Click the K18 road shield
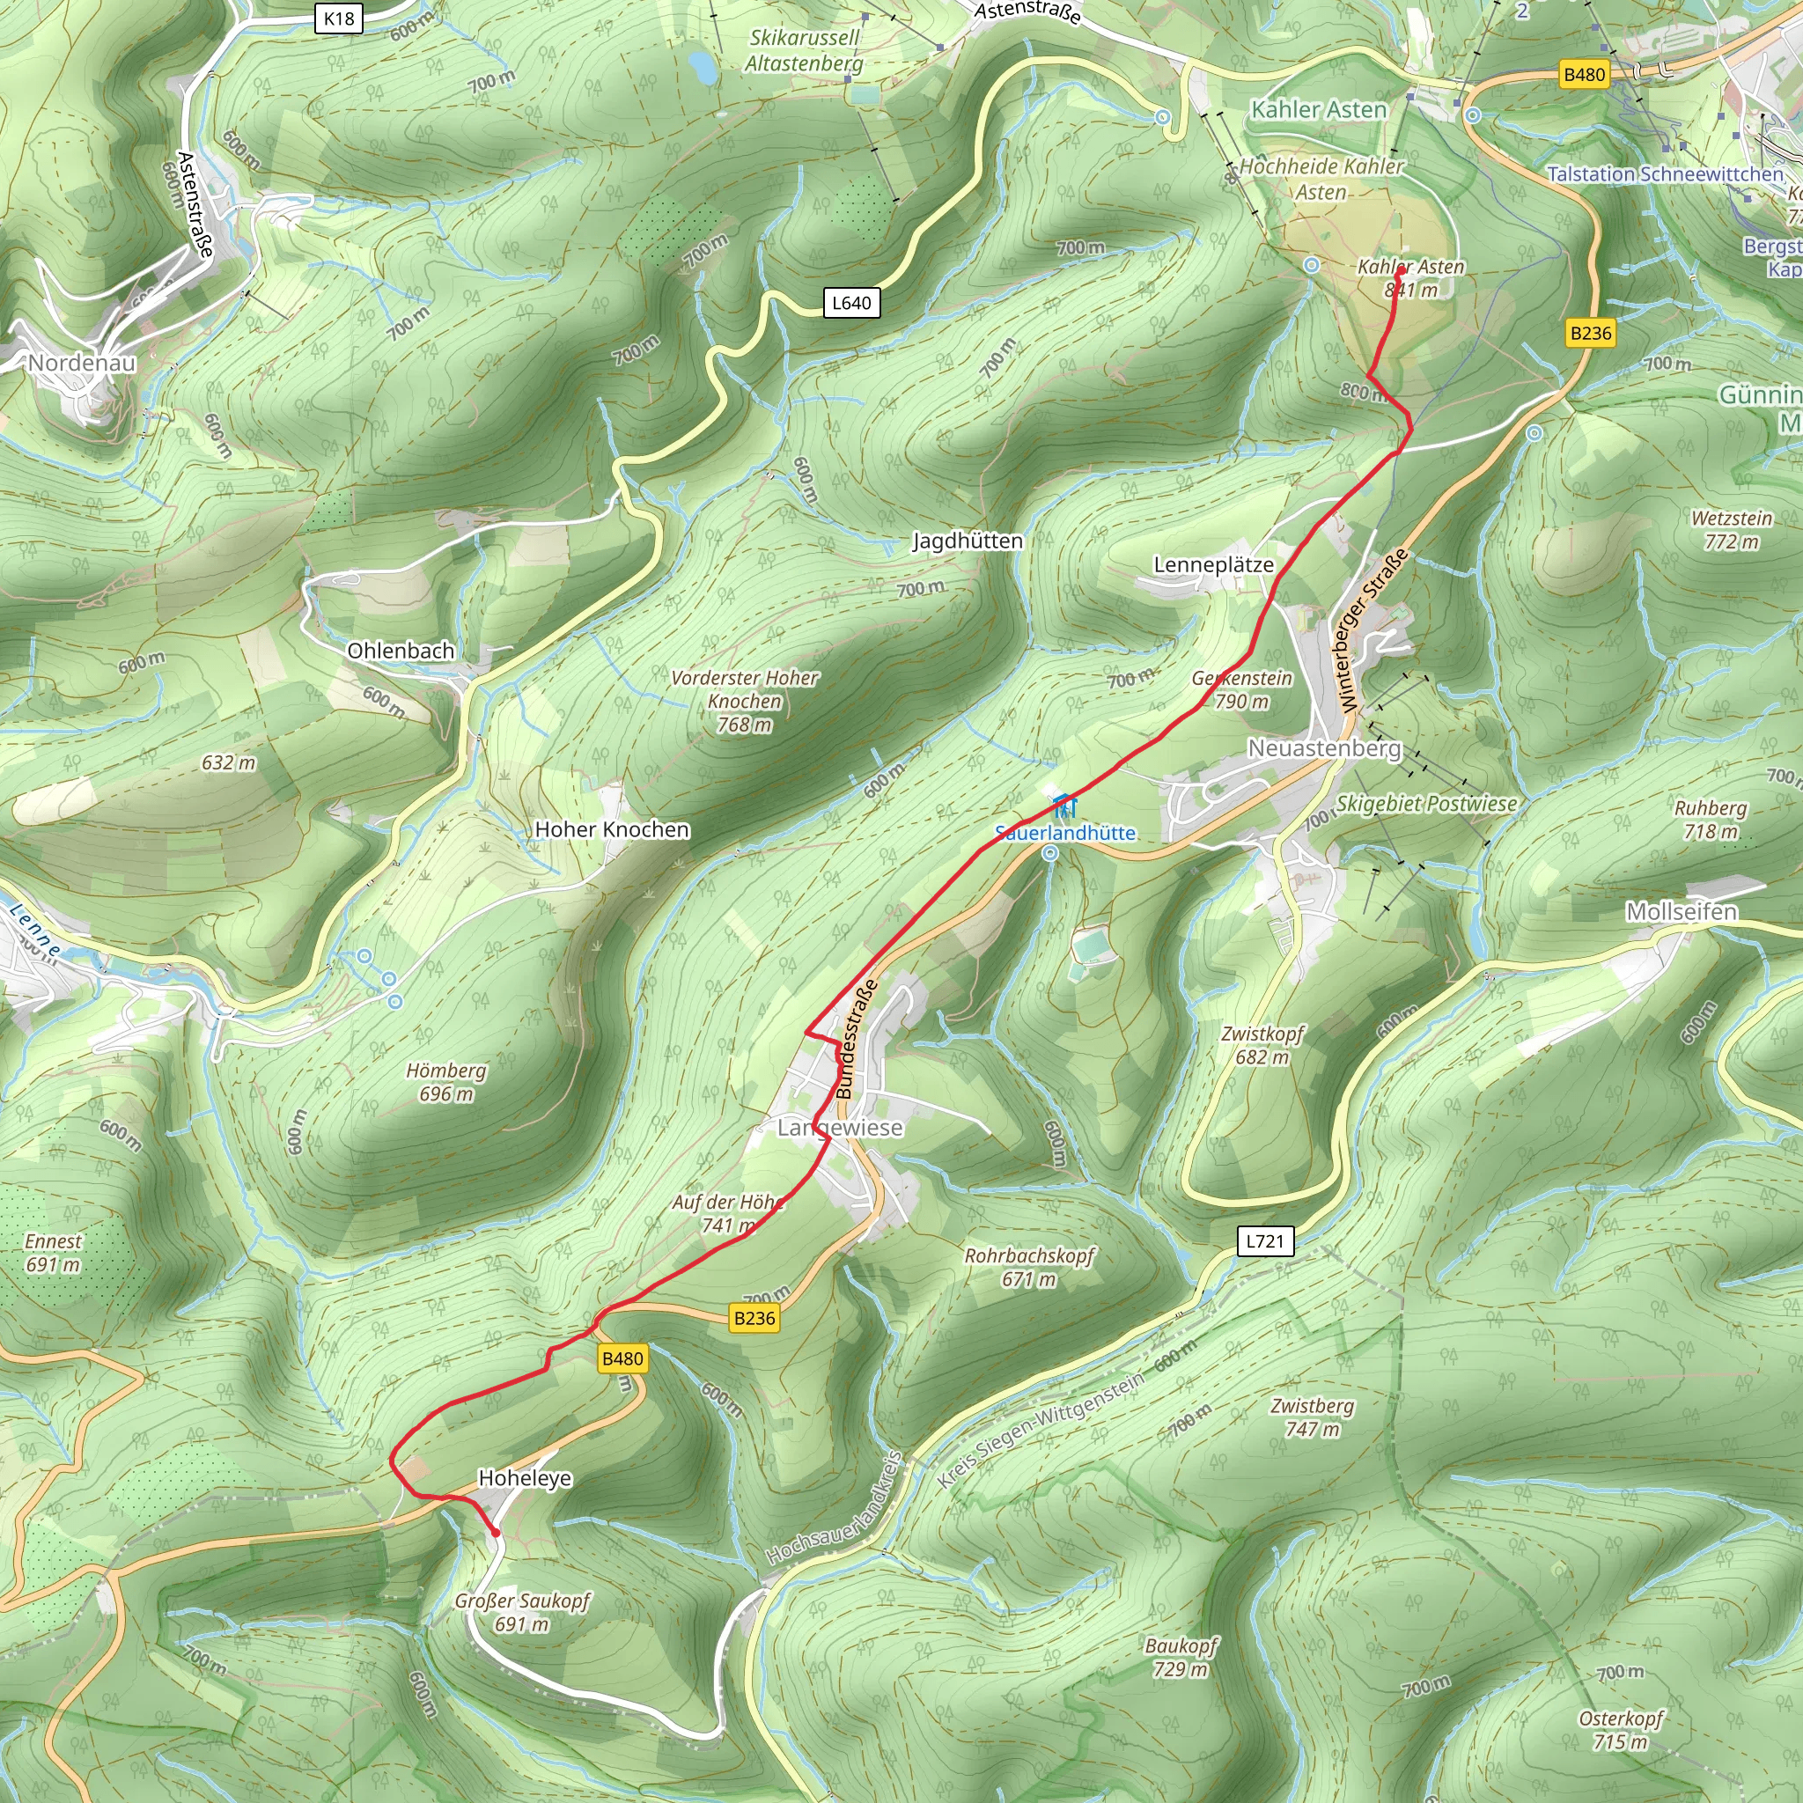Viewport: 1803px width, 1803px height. coord(339,18)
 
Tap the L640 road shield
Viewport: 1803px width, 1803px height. coord(851,302)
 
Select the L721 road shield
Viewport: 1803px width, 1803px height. coord(1265,1241)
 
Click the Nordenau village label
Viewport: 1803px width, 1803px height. coord(81,363)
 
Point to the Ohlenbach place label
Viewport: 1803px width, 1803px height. coord(401,651)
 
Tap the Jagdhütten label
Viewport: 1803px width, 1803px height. coord(967,541)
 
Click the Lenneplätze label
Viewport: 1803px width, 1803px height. coord(1213,564)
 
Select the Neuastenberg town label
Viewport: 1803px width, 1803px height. coord(1324,748)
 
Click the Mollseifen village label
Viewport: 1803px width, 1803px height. coord(1682,912)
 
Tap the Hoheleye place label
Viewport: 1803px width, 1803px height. coord(525,1478)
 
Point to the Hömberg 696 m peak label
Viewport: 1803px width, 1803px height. coord(446,1082)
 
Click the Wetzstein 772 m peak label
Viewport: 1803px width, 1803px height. coord(1731,529)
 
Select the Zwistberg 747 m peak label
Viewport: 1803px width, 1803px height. coord(1312,1417)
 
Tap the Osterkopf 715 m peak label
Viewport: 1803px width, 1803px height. coord(1621,1729)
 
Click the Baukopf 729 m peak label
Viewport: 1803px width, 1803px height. coord(1181,1657)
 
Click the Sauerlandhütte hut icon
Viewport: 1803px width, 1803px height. coord(1063,806)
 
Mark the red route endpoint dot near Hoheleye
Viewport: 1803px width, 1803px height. coord(496,1533)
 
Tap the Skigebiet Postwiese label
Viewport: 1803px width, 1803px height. coord(1426,804)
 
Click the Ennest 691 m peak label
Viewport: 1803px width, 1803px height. coord(53,1253)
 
